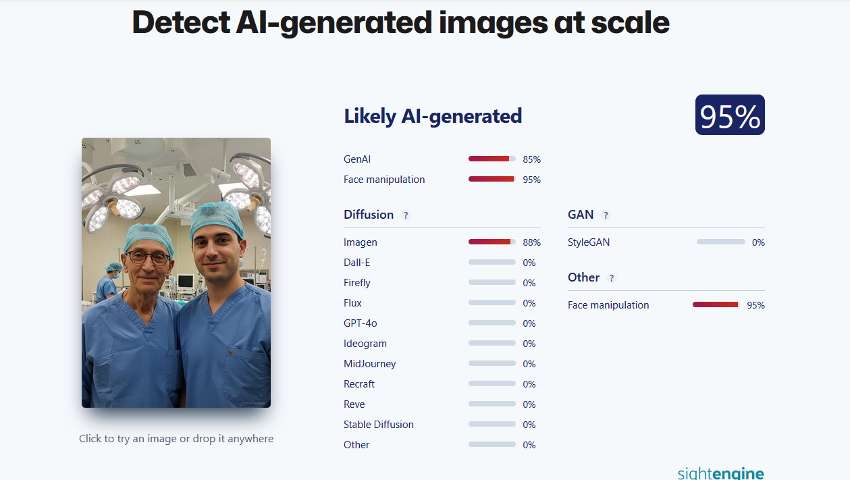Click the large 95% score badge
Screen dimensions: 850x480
(x=730, y=115)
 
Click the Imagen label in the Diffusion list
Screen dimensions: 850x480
(x=360, y=242)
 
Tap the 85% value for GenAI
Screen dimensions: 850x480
(x=531, y=159)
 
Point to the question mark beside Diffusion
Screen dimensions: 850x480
(x=406, y=215)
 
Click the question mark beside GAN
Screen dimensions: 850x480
(x=606, y=215)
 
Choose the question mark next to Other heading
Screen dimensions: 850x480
(x=611, y=278)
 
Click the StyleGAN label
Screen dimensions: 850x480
(x=589, y=242)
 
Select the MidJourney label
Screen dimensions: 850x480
(x=369, y=363)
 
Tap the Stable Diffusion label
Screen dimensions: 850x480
(x=378, y=424)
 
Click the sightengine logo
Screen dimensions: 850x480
(x=720, y=473)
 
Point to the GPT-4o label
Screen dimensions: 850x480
(x=360, y=323)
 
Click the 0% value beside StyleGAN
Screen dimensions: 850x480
(x=758, y=242)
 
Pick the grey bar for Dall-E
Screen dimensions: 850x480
(x=492, y=262)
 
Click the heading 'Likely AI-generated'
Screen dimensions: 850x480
(x=433, y=115)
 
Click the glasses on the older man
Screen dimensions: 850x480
(x=149, y=258)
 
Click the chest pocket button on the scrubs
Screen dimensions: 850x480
(x=230, y=352)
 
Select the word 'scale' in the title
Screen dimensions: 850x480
(x=630, y=23)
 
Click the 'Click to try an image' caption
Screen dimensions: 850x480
(x=176, y=439)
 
